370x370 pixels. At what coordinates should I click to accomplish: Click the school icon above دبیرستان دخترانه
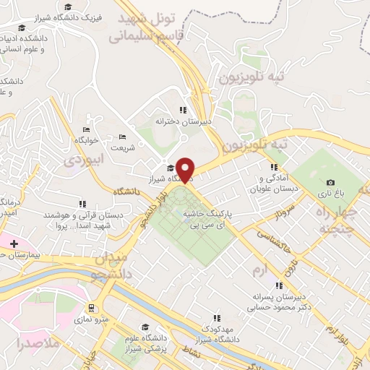[183, 110]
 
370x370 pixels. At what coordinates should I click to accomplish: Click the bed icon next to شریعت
[122, 137]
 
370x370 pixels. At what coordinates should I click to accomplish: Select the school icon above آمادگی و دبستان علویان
[273, 167]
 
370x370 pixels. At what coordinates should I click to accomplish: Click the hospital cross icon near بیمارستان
[14, 244]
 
